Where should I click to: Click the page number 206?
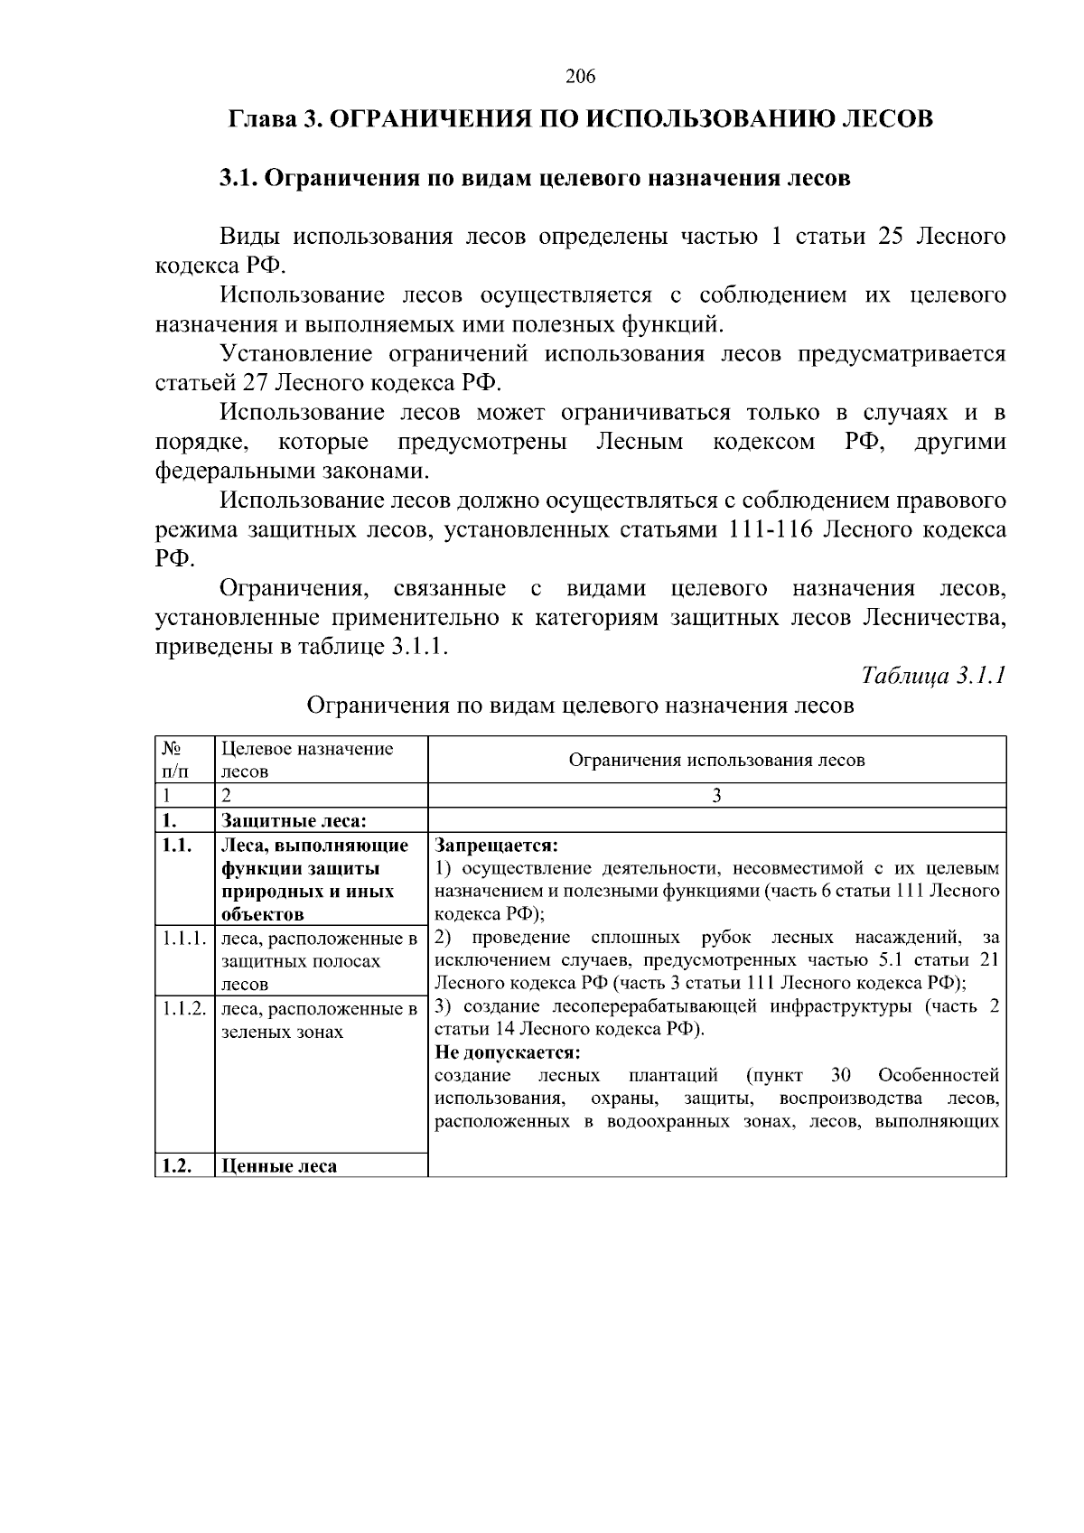[580, 77]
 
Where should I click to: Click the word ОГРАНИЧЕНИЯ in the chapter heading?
[417, 119]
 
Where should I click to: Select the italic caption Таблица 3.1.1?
[933, 676]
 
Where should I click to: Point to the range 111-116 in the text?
[768, 530]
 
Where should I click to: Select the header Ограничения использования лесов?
[716, 760]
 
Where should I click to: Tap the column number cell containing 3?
[716, 796]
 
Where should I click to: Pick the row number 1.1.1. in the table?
[184, 939]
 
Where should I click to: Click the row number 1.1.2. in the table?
[184, 1008]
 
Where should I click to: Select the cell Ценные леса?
[279, 1166]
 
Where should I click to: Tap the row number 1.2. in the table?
[175, 1166]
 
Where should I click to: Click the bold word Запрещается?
[497, 846]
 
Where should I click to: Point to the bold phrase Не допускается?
[507, 1052]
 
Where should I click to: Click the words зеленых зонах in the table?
[282, 1032]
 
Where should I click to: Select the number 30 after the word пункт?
[840, 1075]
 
